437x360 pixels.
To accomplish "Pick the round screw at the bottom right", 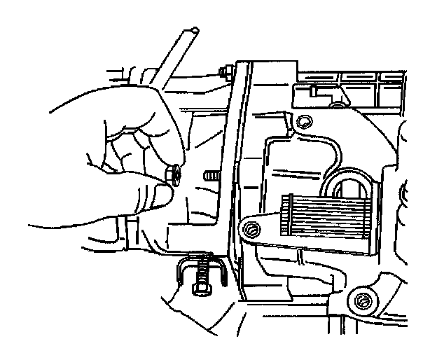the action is (361, 301).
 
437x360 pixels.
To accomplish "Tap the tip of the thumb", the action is (162, 198).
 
